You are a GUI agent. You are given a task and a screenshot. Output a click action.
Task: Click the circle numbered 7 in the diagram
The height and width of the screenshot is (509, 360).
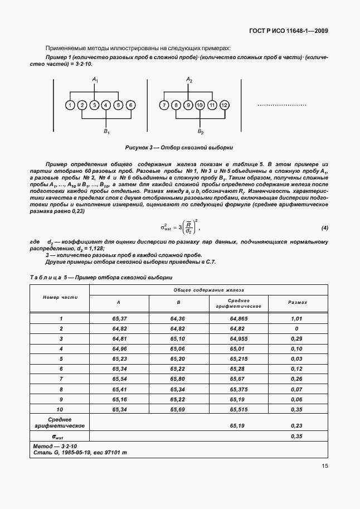164,105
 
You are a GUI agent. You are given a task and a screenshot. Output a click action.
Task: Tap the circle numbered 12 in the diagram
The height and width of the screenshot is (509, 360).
224,105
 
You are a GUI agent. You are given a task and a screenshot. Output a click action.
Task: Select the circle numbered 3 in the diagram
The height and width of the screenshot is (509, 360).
94,105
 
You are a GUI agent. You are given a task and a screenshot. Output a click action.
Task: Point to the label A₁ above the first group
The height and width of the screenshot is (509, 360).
95,81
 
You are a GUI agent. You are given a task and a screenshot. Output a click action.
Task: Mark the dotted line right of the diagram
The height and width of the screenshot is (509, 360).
282,105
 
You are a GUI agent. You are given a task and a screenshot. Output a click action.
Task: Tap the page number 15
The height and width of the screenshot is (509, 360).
325,466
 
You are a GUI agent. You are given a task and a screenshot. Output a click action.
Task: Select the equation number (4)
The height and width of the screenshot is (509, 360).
324,228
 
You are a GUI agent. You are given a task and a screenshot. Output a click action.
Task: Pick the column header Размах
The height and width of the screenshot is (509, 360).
297,302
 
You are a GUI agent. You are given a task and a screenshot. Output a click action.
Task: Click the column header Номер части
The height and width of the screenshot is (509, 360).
60,297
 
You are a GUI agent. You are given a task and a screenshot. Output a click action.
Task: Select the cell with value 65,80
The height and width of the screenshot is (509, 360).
178,379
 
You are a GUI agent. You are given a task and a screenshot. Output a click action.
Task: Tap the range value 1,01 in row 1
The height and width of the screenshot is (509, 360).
296,318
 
